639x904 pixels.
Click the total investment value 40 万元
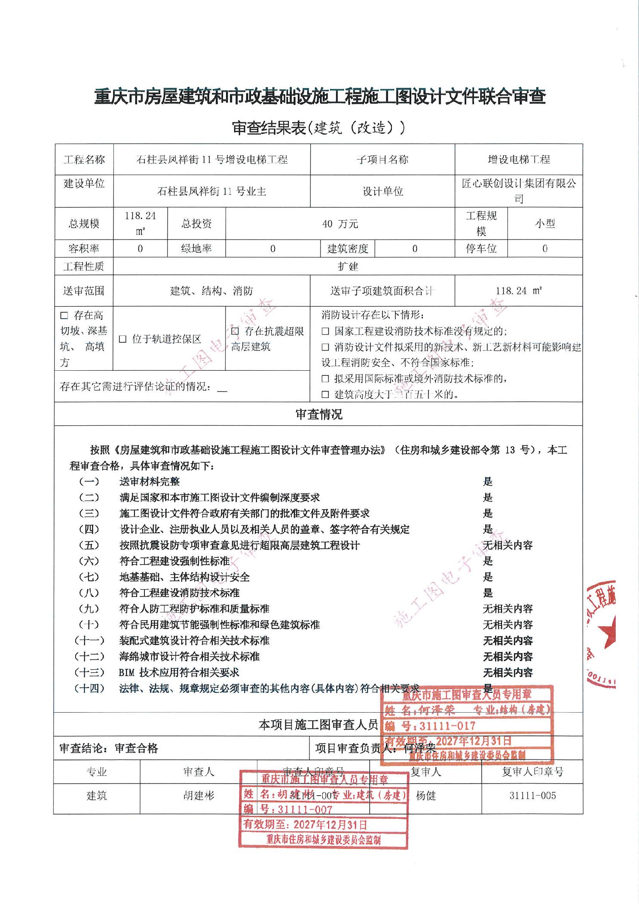coord(340,224)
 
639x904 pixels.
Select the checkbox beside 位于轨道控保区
coord(123,339)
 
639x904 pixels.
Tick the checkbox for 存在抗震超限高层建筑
coord(235,332)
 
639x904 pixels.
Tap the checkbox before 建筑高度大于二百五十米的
coord(326,394)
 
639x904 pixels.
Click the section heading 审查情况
coord(319,415)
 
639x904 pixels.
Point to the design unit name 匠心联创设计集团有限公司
coord(519,191)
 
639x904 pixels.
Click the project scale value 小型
coord(545,224)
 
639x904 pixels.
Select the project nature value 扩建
coord(348,267)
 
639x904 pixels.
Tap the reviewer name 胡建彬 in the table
coord(199,796)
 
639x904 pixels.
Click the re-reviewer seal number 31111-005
coord(532,796)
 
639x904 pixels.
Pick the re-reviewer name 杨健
coord(426,796)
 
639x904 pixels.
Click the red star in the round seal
coord(609,631)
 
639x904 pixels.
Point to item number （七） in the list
coord(89,577)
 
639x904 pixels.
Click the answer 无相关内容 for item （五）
coord(508,545)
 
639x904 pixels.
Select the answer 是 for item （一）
coord(488,482)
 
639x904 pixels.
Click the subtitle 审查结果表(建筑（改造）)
coord(318,128)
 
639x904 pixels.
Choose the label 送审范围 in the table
coord(84,291)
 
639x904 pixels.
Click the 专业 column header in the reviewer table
coord(97,772)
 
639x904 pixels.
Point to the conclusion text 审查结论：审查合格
coord(109,749)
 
